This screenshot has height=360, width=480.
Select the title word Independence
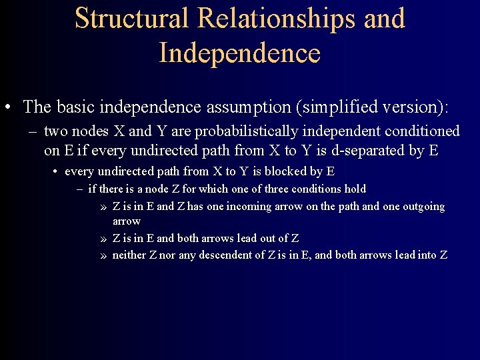240,53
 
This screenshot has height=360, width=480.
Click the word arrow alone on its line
126,221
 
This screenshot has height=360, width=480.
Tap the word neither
129,255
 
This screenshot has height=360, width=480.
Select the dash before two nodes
33,132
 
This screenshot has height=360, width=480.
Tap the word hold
355,189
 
